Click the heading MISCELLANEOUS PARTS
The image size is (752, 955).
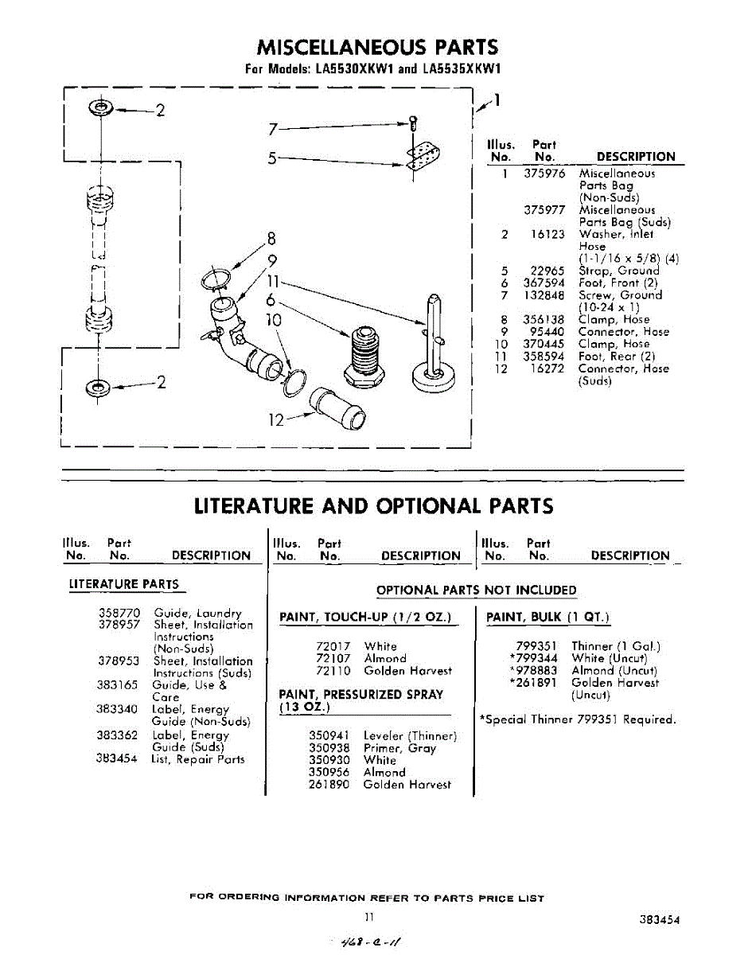pyautogui.click(x=377, y=47)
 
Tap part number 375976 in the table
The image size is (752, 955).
pyautogui.click(x=544, y=173)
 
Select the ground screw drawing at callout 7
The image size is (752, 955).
pyautogui.click(x=413, y=123)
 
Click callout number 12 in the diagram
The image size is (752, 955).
pyautogui.click(x=276, y=420)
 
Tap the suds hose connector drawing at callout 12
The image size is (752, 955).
pyautogui.click(x=338, y=408)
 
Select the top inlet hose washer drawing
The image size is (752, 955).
pyautogui.click(x=101, y=107)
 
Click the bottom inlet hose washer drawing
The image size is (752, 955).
pyautogui.click(x=99, y=388)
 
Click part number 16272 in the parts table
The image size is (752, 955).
pyautogui.click(x=547, y=368)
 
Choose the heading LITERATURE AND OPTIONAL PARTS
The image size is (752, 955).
pyautogui.click(x=374, y=506)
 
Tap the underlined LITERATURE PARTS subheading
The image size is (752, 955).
pyautogui.click(x=124, y=584)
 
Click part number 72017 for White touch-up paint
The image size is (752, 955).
pyautogui.click(x=333, y=646)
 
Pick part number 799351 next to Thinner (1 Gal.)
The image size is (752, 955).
pyautogui.click(x=536, y=646)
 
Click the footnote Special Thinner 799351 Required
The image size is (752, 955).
pyautogui.click(x=578, y=719)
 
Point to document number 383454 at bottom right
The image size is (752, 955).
pyautogui.click(x=659, y=919)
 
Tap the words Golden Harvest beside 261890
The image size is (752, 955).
pyautogui.click(x=407, y=785)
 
